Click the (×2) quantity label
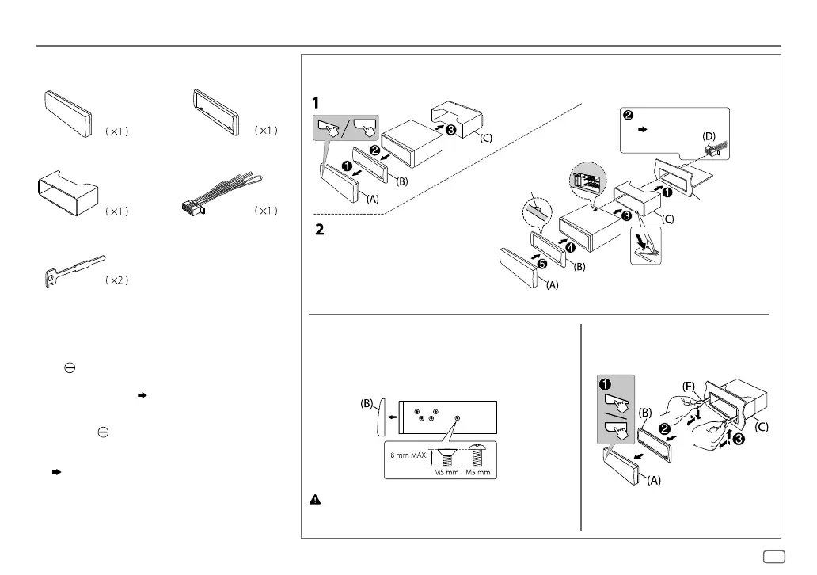pyautogui.click(x=116, y=280)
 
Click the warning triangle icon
pyautogui.click(x=315, y=501)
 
